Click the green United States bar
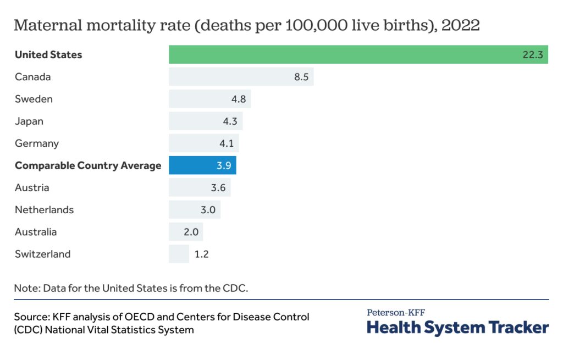click(x=357, y=54)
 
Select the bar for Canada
click(x=241, y=77)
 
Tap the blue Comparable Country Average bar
click(x=202, y=165)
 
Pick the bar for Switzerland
click(x=179, y=254)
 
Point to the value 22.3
click(x=533, y=54)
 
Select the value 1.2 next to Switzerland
click(x=201, y=254)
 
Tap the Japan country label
click(x=29, y=121)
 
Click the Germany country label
click(x=36, y=143)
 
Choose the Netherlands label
click(x=44, y=209)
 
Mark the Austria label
click(x=32, y=187)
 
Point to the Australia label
click(x=36, y=232)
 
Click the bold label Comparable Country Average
click(x=88, y=165)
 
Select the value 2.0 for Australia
click(x=191, y=232)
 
